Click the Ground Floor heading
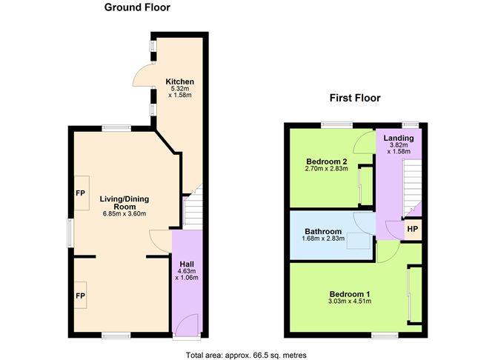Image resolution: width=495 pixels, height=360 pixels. tap(137, 8)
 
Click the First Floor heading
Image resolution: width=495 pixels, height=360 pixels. tap(355, 98)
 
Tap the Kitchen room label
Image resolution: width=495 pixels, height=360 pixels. tap(179, 81)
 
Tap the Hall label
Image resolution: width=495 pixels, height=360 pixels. tap(185, 263)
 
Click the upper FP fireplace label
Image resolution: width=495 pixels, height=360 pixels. tap(80, 193)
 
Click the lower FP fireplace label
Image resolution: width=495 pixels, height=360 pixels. tap(80, 294)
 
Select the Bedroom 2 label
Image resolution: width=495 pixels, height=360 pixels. tap(327, 161)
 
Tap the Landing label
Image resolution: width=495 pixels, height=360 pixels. tap(399, 139)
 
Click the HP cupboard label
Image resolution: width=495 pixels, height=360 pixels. tap(412, 229)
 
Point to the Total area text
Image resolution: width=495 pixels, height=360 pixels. tap(246, 354)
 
